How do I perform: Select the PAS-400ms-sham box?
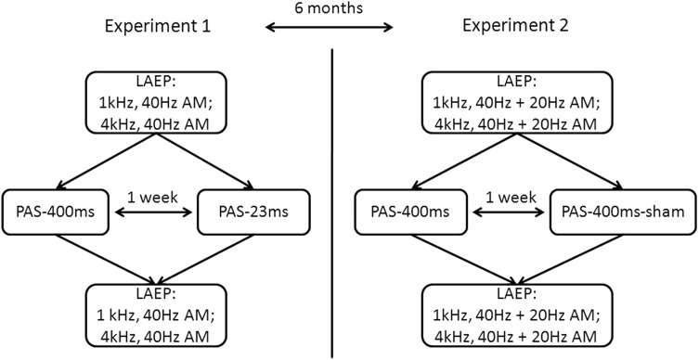[x=610, y=212]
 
